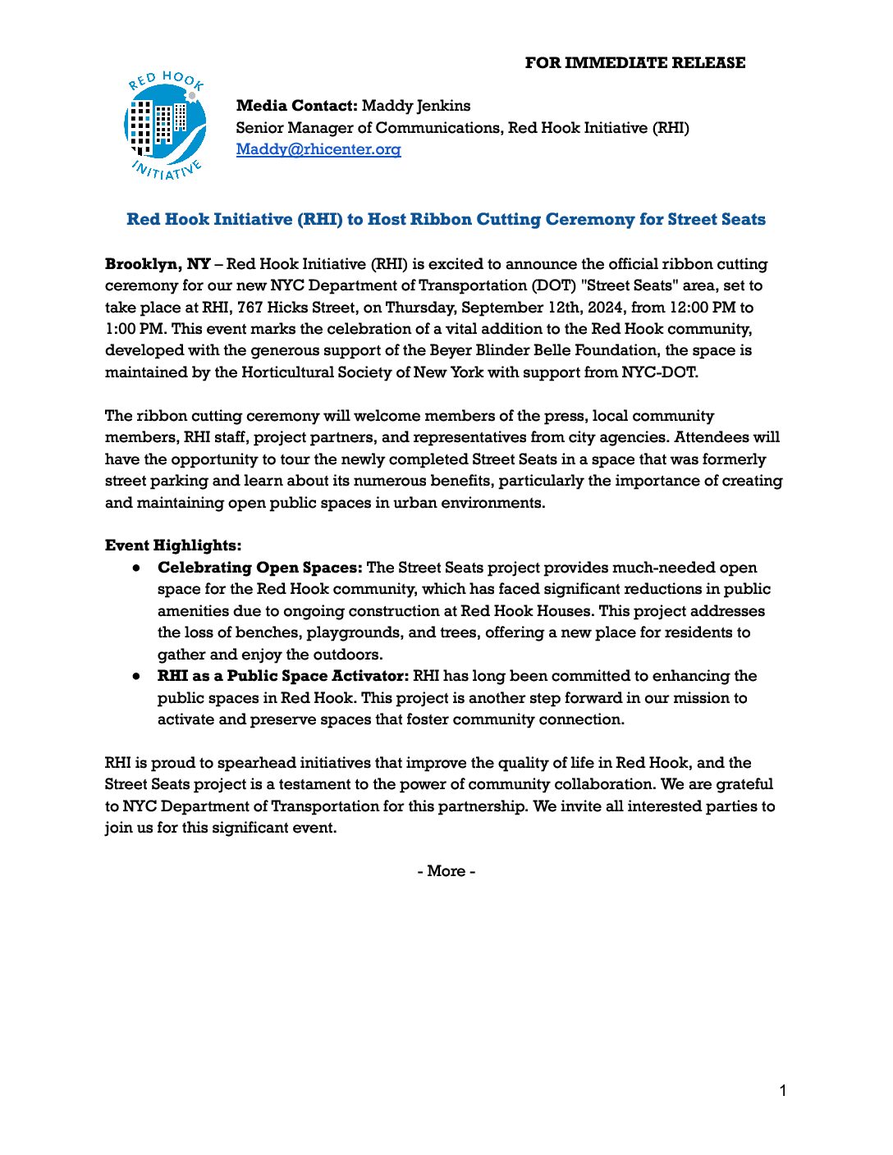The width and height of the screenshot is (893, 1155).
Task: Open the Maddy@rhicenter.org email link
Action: point(318,149)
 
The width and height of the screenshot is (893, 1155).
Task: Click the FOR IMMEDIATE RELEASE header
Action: point(634,63)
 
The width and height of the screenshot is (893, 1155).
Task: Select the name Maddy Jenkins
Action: point(416,106)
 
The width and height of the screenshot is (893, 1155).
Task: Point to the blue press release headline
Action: point(446,220)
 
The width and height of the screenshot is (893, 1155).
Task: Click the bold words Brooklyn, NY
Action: point(158,264)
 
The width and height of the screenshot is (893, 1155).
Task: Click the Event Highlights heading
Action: point(173,546)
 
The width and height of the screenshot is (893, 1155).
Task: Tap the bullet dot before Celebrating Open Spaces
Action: point(137,568)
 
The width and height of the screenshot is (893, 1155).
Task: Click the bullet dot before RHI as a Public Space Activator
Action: point(137,677)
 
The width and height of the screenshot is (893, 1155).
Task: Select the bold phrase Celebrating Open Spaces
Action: point(260,568)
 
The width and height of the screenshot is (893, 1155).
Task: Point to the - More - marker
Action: point(446,871)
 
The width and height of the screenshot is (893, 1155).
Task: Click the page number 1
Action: point(783,1090)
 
